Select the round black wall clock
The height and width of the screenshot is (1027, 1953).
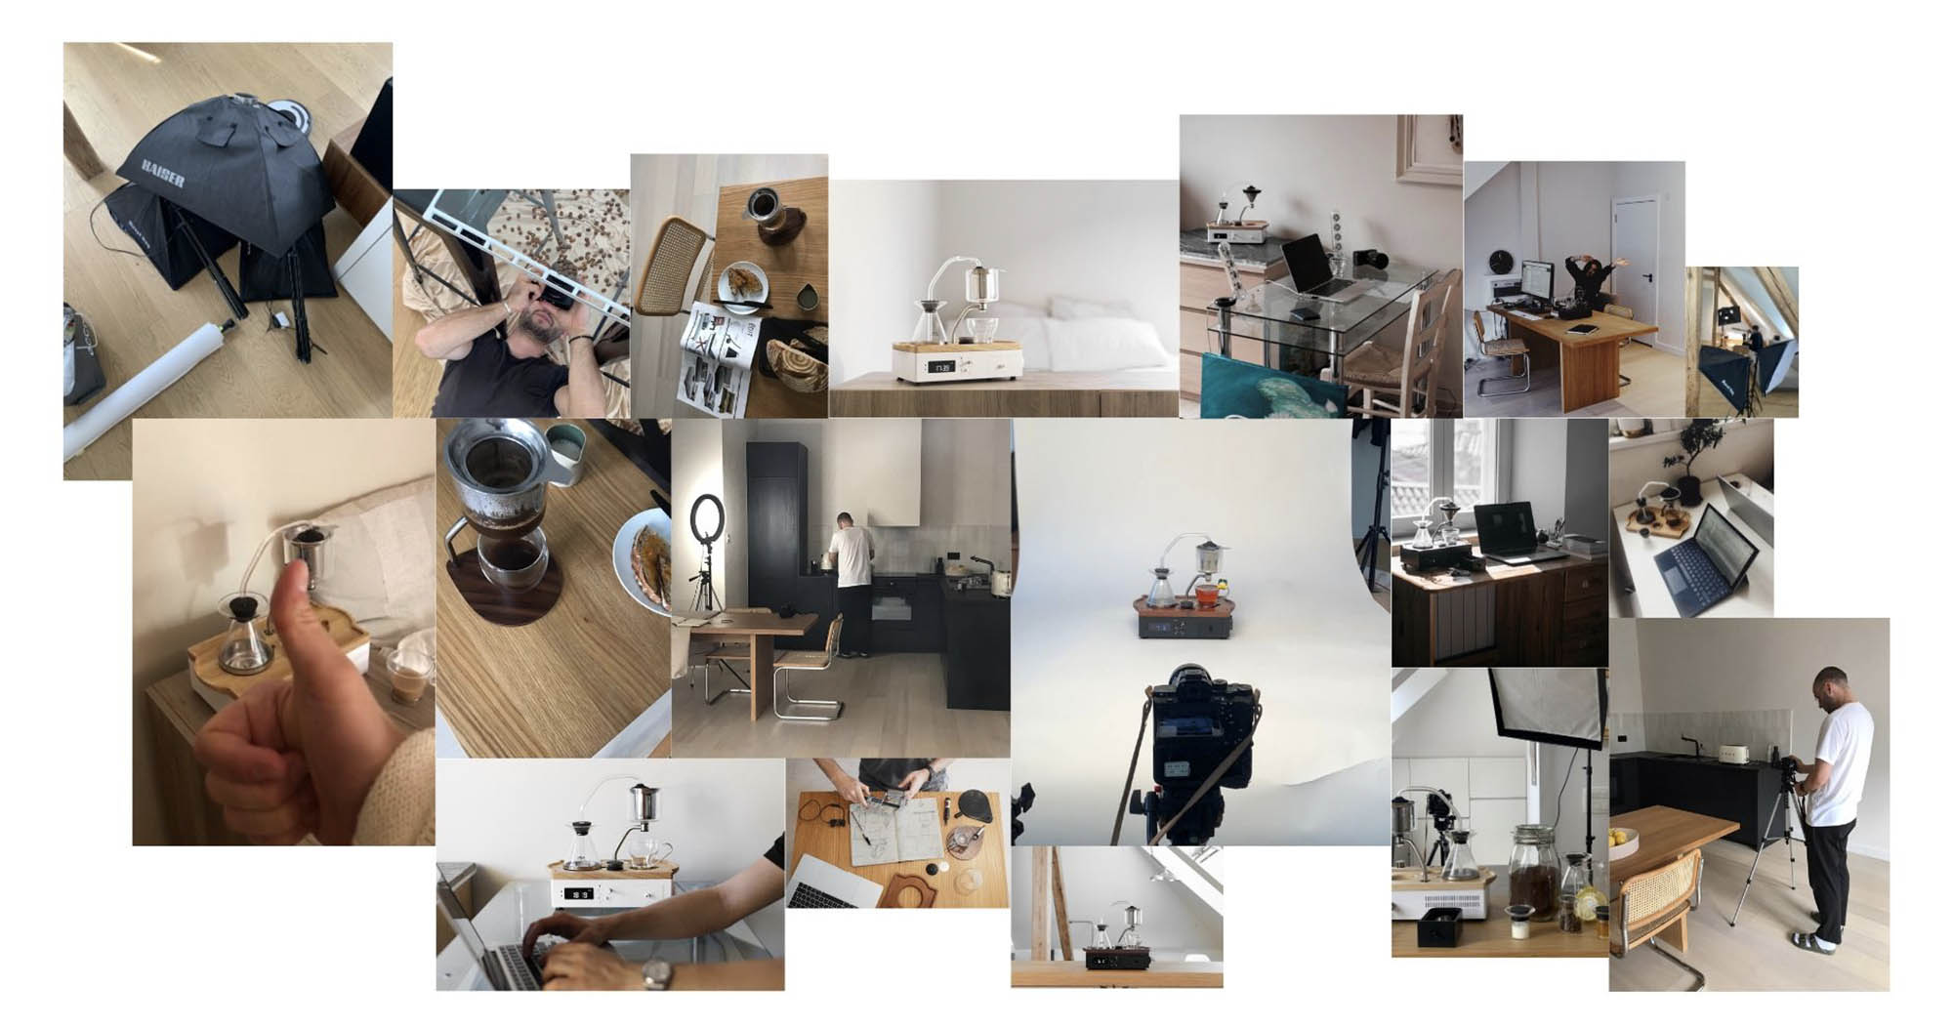point(1499,262)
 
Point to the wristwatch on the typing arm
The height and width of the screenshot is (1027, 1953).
point(655,973)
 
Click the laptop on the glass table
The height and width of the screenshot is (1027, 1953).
point(1311,266)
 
